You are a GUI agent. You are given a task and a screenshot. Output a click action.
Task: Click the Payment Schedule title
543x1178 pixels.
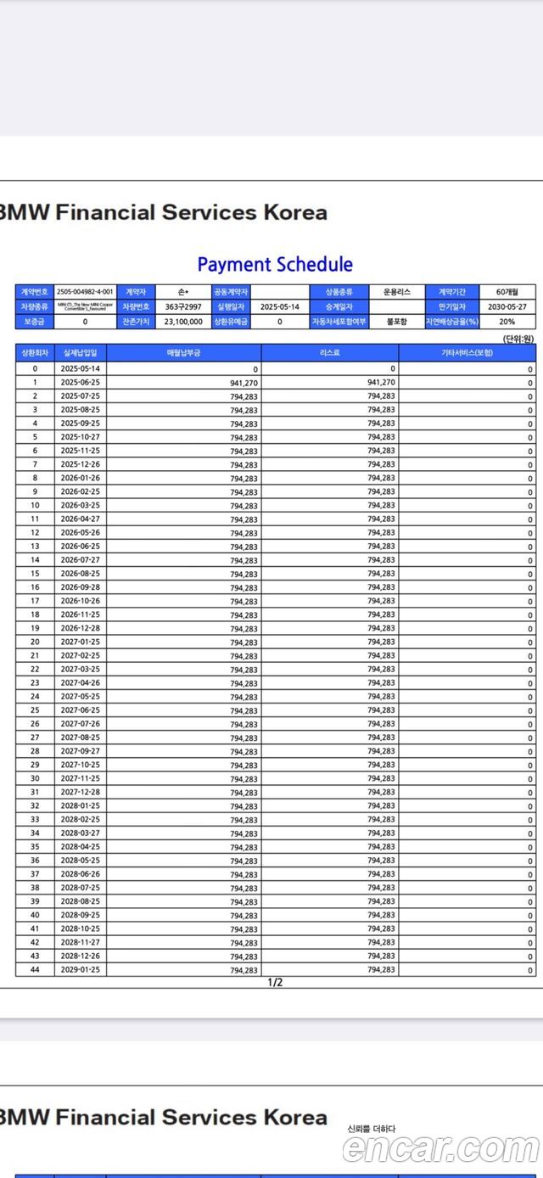click(x=275, y=264)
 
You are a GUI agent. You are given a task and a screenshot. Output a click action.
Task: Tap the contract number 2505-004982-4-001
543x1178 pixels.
click(x=85, y=292)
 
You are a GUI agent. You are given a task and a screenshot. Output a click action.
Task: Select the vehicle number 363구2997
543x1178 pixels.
click(x=183, y=306)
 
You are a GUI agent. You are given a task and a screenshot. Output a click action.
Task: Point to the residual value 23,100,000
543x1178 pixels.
click(x=183, y=322)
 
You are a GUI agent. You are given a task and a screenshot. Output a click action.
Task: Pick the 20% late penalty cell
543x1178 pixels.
click(x=507, y=322)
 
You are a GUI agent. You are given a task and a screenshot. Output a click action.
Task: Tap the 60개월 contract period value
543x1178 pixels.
click(x=507, y=292)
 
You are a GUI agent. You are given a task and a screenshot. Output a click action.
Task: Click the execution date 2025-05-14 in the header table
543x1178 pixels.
click(x=280, y=306)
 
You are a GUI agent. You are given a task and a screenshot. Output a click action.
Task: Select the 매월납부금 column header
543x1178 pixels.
click(x=183, y=352)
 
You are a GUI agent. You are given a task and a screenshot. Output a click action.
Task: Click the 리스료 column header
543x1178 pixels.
click(x=330, y=352)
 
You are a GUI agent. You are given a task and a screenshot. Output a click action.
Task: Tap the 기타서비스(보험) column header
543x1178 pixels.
click(x=467, y=352)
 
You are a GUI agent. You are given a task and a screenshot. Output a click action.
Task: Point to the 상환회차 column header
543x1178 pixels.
click(x=35, y=352)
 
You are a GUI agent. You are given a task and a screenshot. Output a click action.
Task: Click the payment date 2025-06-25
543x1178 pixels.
click(x=80, y=383)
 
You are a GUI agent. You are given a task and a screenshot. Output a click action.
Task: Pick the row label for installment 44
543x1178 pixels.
click(x=35, y=970)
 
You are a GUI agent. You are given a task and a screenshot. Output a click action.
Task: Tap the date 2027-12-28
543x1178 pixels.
click(x=80, y=793)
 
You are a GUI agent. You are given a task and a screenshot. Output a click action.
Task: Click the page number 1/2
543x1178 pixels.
click(x=275, y=983)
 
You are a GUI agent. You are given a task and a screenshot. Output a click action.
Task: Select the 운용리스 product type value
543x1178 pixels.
click(x=396, y=292)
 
